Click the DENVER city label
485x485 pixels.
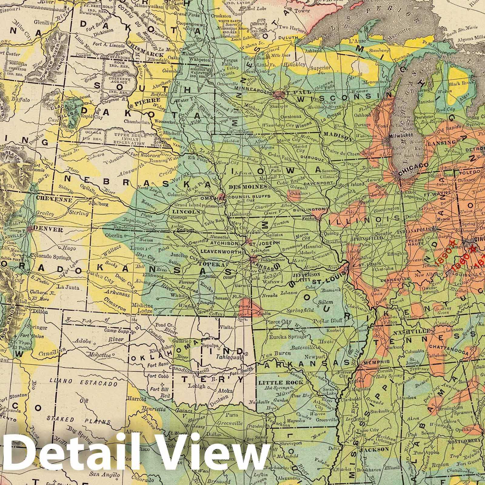(x=49, y=229)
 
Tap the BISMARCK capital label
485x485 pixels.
(x=148, y=55)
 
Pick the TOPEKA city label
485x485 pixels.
(x=217, y=264)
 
